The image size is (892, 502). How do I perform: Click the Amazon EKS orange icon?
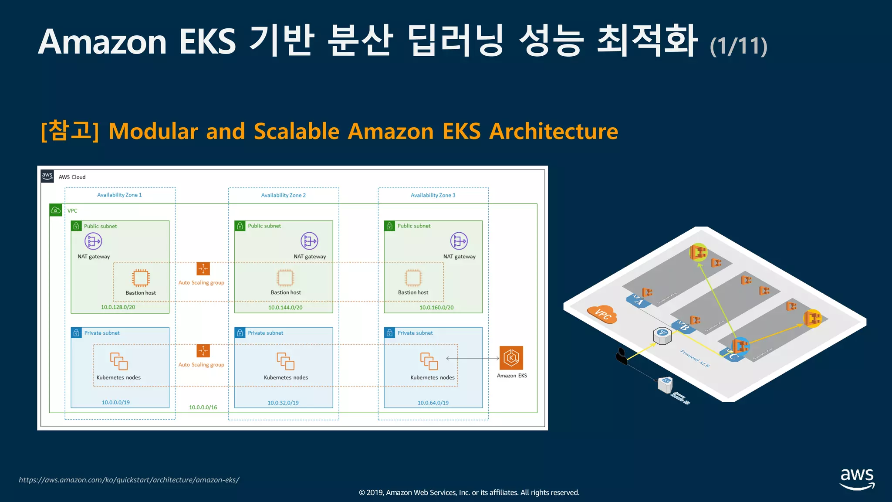(x=511, y=358)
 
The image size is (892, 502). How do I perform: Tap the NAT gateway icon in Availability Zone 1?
(x=93, y=241)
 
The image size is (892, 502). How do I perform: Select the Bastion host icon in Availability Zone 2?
(x=285, y=278)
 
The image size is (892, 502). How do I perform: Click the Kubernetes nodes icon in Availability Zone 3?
(x=429, y=361)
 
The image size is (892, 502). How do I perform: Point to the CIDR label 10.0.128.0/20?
(x=118, y=307)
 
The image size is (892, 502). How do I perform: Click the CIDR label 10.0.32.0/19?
(x=283, y=403)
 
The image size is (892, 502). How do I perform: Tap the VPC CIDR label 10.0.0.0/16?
(x=203, y=407)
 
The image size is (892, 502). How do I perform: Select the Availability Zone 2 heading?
(x=283, y=195)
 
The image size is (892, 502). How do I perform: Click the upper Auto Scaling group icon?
(x=203, y=269)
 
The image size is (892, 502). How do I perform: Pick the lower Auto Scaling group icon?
(x=203, y=351)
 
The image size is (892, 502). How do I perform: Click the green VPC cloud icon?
(x=56, y=210)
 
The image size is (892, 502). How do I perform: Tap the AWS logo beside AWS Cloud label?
(x=47, y=176)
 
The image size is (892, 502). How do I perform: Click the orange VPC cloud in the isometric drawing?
(x=602, y=313)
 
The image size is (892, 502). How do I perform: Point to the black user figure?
(x=622, y=356)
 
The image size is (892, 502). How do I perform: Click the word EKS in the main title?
(x=207, y=42)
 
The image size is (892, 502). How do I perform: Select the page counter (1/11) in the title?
(x=738, y=46)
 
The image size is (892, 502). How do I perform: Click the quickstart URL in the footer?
(x=129, y=480)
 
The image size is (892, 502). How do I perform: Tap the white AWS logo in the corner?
(x=857, y=478)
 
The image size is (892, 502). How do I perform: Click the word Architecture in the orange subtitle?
(x=554, y=131)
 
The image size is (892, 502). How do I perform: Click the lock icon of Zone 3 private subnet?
(x=389, y=332)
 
